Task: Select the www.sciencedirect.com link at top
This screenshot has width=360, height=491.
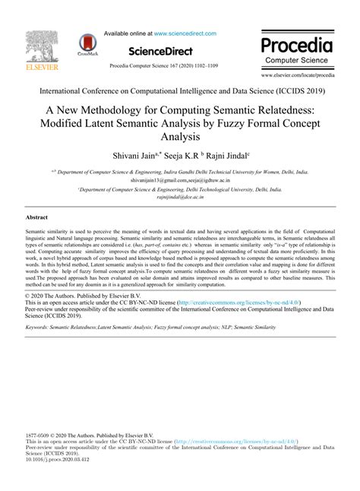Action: tap(185, 33)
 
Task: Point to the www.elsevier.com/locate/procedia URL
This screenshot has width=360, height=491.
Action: tap(297, 77)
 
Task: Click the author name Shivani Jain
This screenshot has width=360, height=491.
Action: tap(134, 157)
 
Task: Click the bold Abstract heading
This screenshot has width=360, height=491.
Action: tap(39, 217)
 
